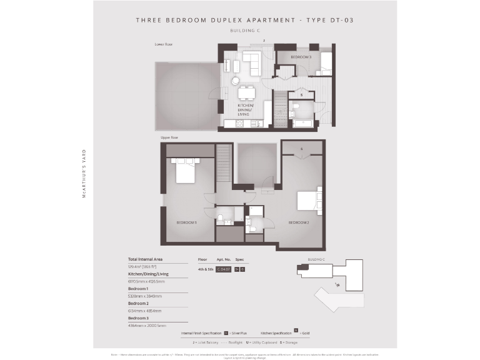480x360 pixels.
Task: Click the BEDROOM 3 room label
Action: pyautogui.click(x=301, y=57)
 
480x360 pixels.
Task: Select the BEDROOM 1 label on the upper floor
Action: pyautogui.click(x=186, y=222)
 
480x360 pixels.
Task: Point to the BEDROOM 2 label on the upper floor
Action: pyautogui.click(x=298, y=222)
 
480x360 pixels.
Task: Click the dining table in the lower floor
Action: pyautogui.click(x=247, y=94)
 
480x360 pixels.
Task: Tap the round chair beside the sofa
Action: pyautogui.click(x=236, y=81)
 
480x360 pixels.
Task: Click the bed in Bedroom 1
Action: pyautogui.click(x=186, y=169)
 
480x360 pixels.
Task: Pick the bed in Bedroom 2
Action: pyautogui.click(x=309, y=200)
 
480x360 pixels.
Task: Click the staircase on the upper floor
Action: pyautogui.click(x=224, y=163)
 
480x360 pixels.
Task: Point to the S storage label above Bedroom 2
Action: pyautogui.click(x=302, y=149)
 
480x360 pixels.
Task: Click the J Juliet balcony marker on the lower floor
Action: pyautogui.click(x=264, y=41)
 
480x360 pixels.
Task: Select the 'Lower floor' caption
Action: pyautogui.click(x=164, y=44)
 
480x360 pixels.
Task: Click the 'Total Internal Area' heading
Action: pyautogui.click(x=146, y=259)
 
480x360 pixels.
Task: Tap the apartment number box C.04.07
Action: pyautogui.click(x=224, y=269)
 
